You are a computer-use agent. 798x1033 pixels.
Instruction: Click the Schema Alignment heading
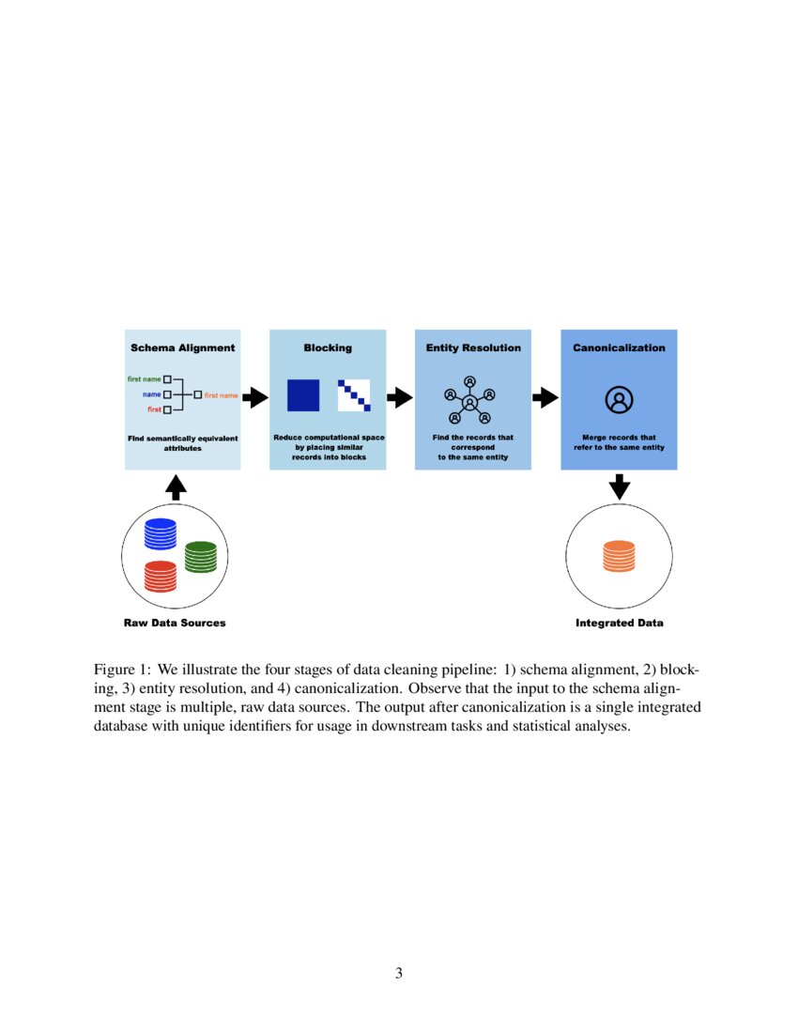(182, 347)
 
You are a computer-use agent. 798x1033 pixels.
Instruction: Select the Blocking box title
(328, 347)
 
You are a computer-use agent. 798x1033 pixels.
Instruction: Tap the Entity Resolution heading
(473, 347)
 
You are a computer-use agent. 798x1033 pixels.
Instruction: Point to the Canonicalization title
(619, 347)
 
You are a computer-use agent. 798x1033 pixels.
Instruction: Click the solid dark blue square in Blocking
(303, 395)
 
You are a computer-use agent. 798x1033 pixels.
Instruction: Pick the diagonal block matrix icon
(355, 395)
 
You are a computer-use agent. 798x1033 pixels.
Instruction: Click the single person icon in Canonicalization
(619, 400)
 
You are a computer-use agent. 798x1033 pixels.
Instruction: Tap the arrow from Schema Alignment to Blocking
(255, 398)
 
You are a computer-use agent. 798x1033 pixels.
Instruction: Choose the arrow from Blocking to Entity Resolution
(400, 398)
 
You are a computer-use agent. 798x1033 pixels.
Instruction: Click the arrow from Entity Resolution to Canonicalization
(545, 398)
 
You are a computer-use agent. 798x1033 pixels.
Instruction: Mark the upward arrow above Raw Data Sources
(176, 486)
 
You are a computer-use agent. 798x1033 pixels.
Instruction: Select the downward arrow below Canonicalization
(619, 486)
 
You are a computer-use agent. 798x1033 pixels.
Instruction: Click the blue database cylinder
(161, 534)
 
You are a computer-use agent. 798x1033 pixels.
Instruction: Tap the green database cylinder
(200, 556)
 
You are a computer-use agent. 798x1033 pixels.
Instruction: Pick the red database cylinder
(161, 576)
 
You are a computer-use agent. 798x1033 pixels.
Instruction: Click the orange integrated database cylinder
(619, 556)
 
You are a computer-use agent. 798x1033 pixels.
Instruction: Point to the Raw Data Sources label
(175, 623)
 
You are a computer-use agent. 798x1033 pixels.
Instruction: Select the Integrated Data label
(619, 623)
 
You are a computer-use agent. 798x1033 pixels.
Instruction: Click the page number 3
(399, 973)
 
